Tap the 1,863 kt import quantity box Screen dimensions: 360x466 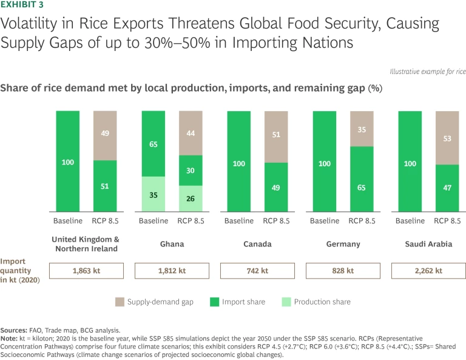click(x=86, y=271)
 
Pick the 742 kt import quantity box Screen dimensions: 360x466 click(x=257, y=271)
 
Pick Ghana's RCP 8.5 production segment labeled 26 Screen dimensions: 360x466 click(x=190, y=198)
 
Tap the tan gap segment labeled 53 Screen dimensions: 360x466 click(x=447, y=138)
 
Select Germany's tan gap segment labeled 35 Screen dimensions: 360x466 click(x=361, y=129)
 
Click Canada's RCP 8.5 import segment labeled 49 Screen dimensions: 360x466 click(x=275, y=186)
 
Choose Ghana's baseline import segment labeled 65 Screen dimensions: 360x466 click(x=153, y=144)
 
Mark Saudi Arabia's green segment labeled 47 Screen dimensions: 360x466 click(x=447, y=188)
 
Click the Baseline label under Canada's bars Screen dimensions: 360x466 click(x=238, y=220)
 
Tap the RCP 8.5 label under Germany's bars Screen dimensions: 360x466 click(x=361, y=220)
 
